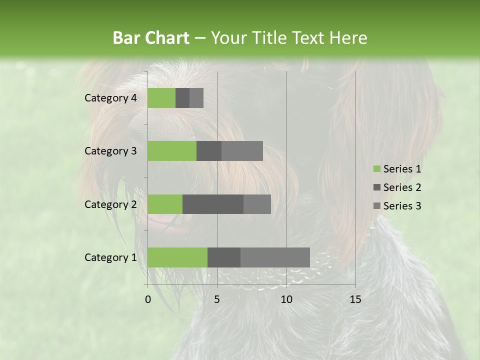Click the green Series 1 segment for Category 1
177,257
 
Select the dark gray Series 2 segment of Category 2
213,204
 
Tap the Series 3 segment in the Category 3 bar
242,151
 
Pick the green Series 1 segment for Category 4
161,98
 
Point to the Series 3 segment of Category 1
275,257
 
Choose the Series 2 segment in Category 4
182,98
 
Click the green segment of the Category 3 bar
172,151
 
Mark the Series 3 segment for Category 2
257,204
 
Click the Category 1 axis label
110,257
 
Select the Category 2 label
110,204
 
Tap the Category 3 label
110,151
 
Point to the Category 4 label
110,98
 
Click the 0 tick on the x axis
148,299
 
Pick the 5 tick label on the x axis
217,299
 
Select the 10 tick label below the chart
286,299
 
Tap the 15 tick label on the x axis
355,299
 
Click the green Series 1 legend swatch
376,169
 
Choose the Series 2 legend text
402,187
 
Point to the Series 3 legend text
402,206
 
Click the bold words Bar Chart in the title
150,38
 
